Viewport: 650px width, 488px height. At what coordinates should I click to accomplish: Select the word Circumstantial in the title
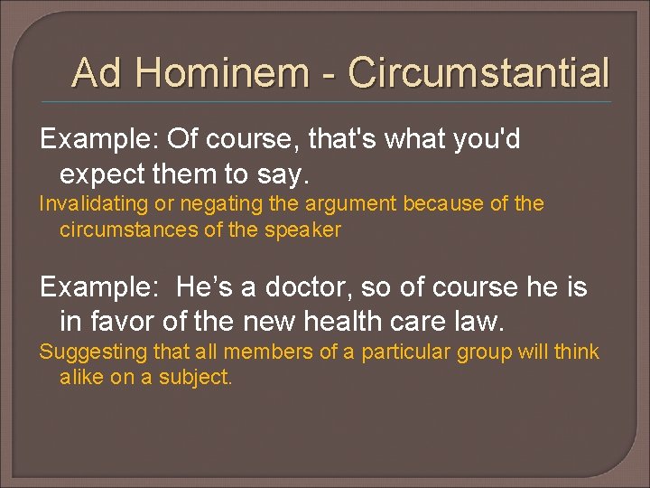[x=478, y=72]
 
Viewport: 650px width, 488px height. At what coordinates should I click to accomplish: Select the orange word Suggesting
[x=84, y=352]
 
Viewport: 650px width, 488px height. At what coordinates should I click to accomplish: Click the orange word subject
[x=198, y=377]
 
